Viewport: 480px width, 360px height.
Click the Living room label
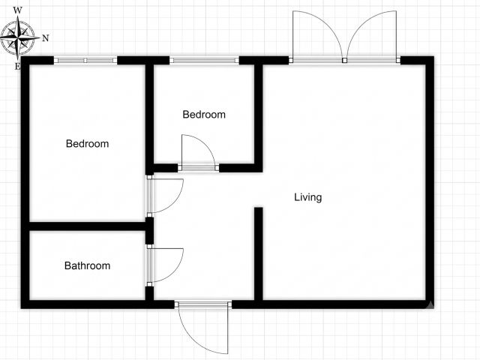[x=308, y=197]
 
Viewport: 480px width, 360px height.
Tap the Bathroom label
[x=87, y=265]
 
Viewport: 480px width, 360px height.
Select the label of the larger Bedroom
[x=87, y=143]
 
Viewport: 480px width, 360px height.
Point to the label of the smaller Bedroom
[x=204, y=115]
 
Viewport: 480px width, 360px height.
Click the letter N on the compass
[x=45, y=38]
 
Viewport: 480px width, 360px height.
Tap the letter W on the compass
[x=18, y=10]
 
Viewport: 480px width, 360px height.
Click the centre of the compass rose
[x=18, y=38]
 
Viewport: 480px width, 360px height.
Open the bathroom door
[x=165, y=265]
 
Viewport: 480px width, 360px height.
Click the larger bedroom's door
[x=165, y=194]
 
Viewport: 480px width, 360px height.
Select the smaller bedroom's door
[x=198, y=152]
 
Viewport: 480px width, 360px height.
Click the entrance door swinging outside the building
[x=202, y=328]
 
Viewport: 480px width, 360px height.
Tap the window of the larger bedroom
[x=85, y=60]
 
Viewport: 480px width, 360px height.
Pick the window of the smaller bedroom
[x=204, y=60]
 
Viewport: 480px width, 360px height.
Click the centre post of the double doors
[x=345, y=60]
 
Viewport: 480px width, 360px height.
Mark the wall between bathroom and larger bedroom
[x=87, y=226]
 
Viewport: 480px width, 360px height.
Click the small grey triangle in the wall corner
[x=430, y=304]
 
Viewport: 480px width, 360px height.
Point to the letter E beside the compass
[x=17, y=67]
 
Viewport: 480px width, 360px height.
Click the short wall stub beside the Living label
[x=259, y=253]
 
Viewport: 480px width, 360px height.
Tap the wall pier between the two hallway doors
[x=149, y=231]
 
